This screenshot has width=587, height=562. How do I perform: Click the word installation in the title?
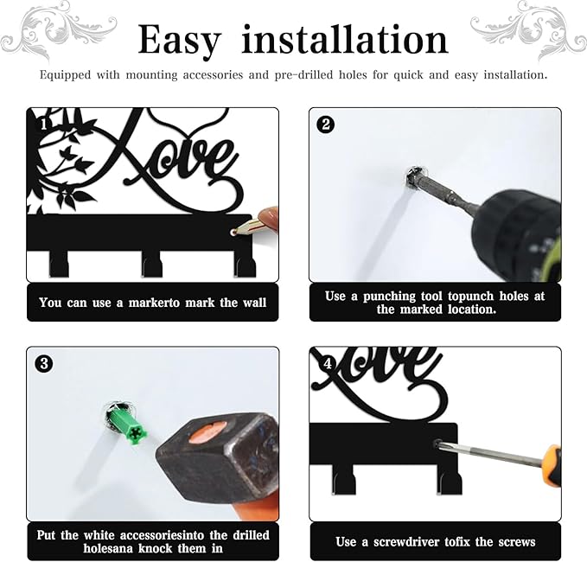pos(344,40)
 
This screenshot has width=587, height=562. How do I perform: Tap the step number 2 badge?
pos(326,124)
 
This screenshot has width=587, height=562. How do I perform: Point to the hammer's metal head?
pos(211,467)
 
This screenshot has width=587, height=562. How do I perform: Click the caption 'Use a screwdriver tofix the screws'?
pos(435,541)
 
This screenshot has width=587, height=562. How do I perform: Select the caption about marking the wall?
pos(152,303)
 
